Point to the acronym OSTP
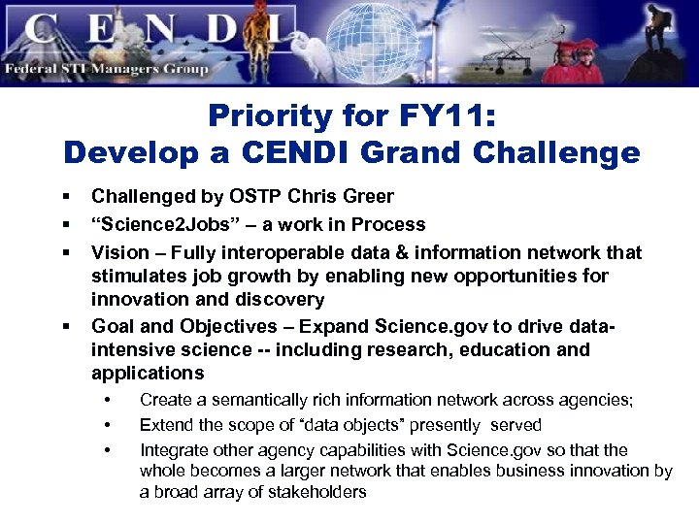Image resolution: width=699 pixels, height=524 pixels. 257,197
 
